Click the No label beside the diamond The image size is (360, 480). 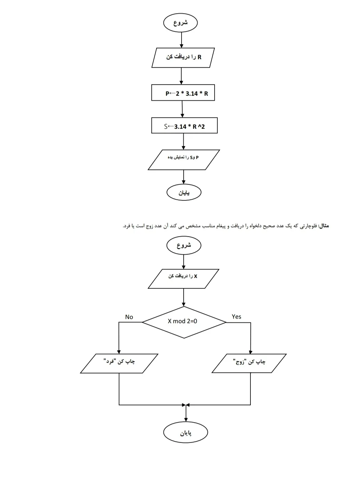tap(129, 317)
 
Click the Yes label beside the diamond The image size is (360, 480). tap(236, 317)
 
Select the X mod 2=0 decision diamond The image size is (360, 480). tap(184, 322)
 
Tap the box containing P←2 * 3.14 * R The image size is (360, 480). tap(183, 93)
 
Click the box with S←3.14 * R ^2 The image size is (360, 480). tap(184, 125)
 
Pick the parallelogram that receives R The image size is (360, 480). tap(183, 58)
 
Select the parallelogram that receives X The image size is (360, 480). tap(183, 279)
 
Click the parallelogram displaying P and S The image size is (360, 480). tap(184, 160)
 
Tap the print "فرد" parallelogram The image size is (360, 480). tap(119, 363)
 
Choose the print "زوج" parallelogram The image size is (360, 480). tap(249, 363)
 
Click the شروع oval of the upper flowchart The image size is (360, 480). tap(180, 23)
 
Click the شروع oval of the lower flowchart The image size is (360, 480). tap(184, 245)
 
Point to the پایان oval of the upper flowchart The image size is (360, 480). tap(184, 192)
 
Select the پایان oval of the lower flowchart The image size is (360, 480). tap(186, 432)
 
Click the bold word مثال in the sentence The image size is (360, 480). tap(323, 225)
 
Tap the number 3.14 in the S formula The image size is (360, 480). tap(180, 126)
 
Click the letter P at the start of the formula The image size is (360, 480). tap(167, 94)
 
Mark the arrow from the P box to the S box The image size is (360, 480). tap(182, 109)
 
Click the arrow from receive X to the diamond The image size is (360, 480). tap(184, 297)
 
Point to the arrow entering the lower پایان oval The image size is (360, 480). tap(186, 413)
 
